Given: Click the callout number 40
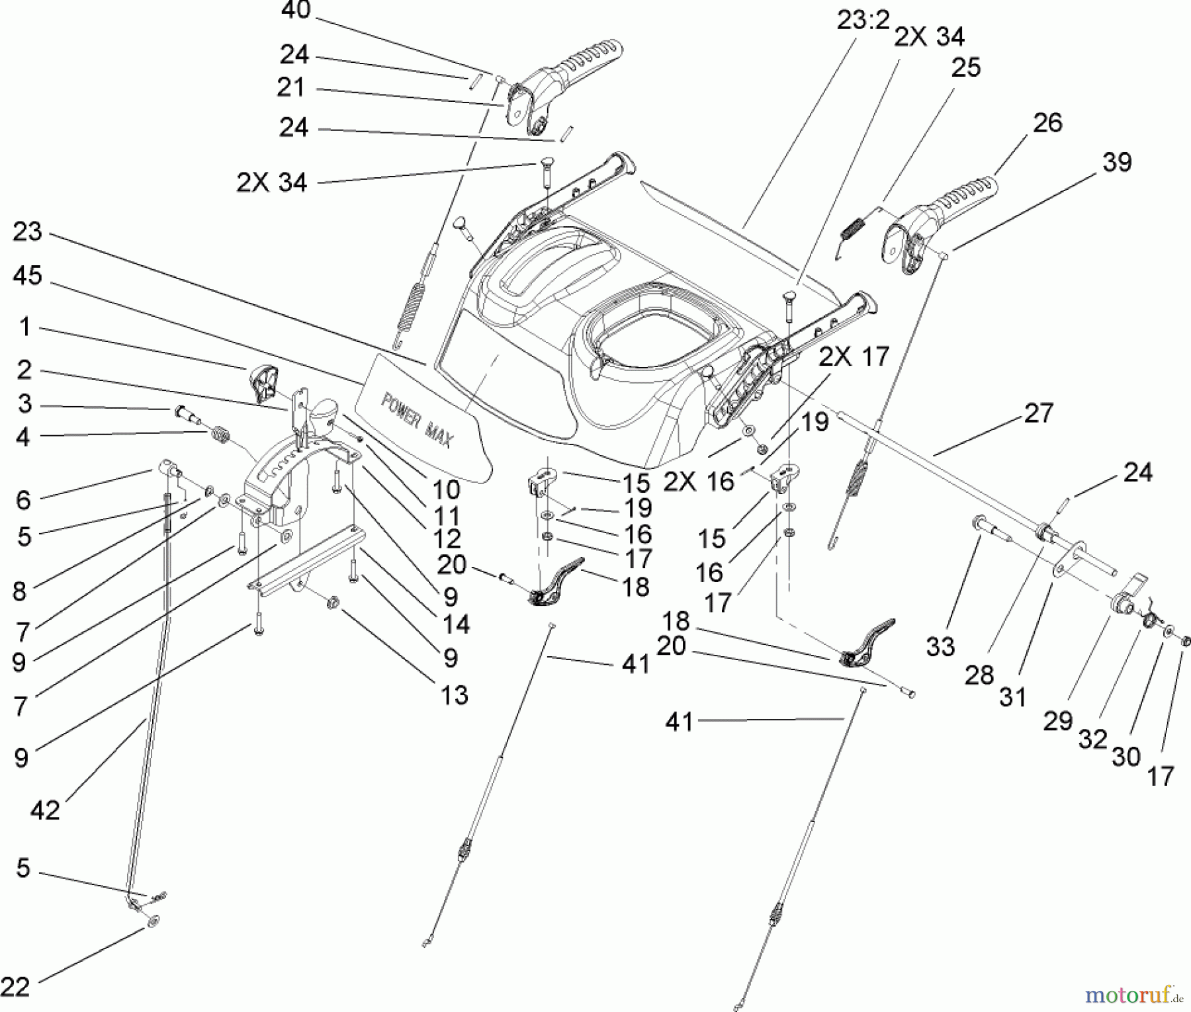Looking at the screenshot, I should (295, 11).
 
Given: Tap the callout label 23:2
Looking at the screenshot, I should (863, 21).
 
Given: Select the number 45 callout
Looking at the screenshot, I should (27, 276).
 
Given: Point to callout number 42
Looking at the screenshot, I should (45, 810).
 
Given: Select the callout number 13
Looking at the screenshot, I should (454, 695).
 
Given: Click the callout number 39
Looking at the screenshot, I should (1118, 162).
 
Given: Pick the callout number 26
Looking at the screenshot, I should (1047, 122).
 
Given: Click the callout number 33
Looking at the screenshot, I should (940, 647).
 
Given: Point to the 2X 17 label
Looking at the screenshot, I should (854, 357).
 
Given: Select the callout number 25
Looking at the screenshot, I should (965, 67).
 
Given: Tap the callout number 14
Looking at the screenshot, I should (455, 624).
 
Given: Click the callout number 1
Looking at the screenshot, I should (24, 327).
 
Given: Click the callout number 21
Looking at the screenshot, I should (290, 87).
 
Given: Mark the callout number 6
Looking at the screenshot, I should (23, 500).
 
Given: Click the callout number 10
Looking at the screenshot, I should (447, 490).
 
